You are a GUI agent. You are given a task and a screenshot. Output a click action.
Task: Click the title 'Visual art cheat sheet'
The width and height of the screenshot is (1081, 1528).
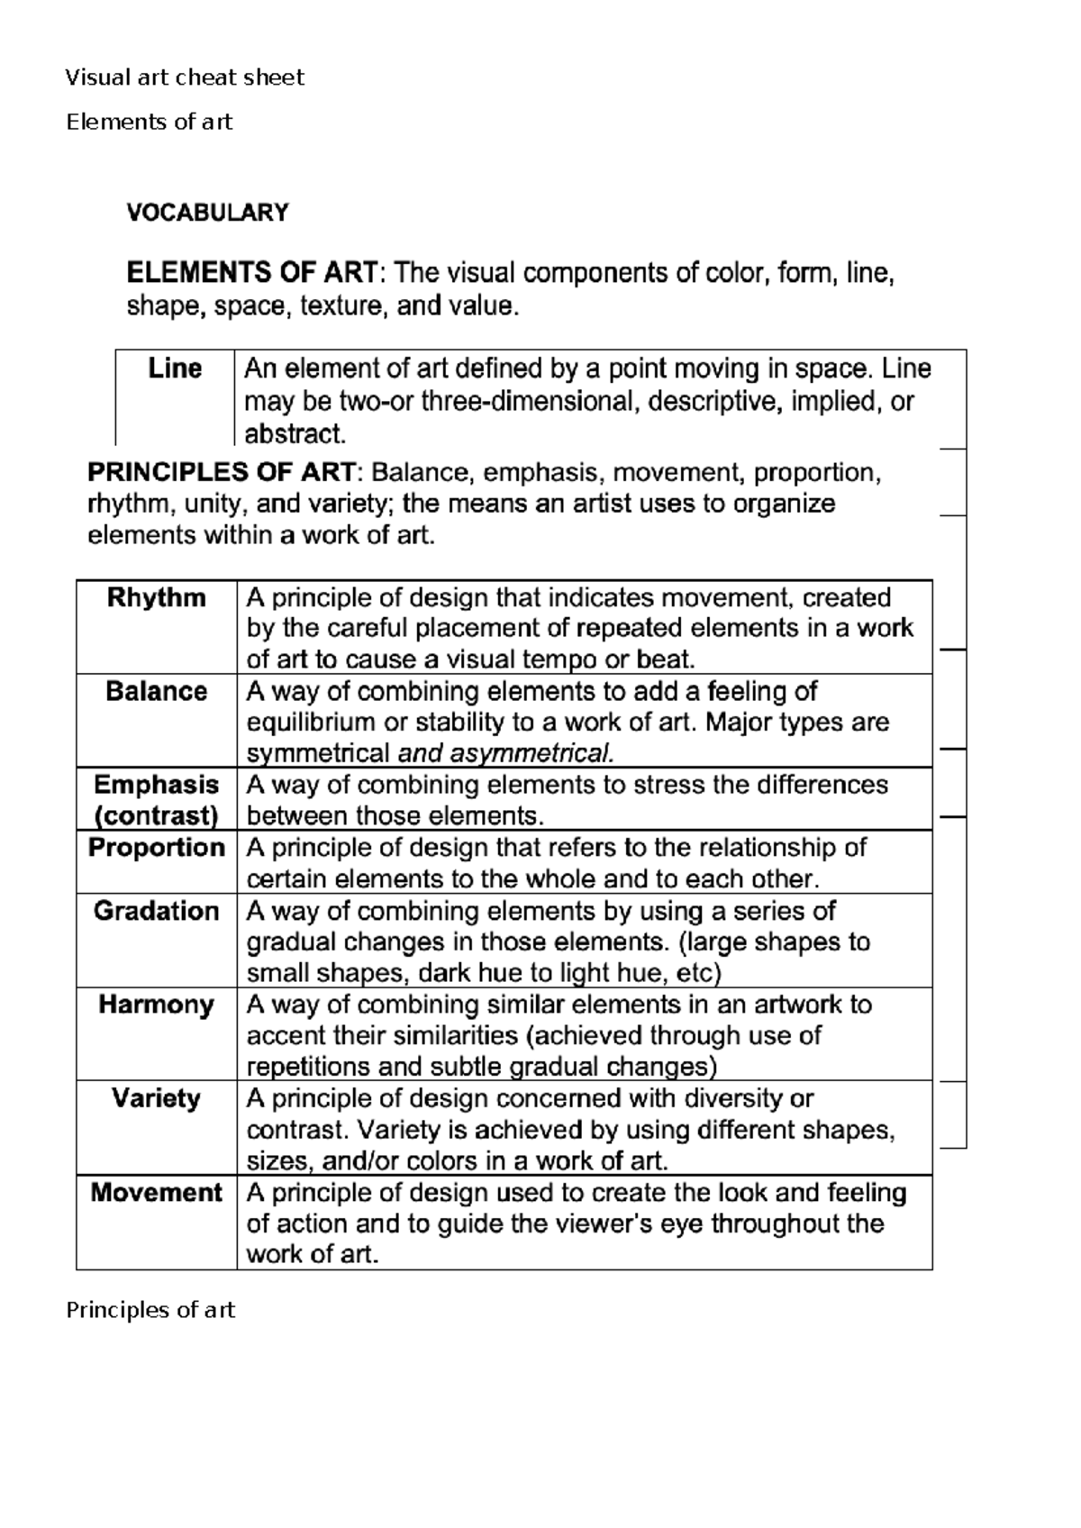pos(185,77)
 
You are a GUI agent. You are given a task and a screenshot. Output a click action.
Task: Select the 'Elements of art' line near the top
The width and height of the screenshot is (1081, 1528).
pos(150,122)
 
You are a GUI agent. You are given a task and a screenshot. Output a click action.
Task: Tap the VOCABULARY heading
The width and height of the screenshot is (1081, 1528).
pos(207,213)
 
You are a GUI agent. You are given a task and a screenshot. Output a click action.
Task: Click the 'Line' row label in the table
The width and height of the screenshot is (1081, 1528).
pos(175,368)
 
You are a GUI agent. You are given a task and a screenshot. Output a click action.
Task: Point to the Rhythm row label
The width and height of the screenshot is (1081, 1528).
pos(156,597)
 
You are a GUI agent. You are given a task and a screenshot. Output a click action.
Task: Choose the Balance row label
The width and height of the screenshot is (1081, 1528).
pos(156,691)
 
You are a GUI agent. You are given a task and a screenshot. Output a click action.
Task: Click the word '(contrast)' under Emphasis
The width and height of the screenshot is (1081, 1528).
pos(156,816)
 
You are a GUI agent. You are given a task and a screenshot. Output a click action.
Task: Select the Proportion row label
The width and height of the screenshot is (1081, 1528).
pos(156,848)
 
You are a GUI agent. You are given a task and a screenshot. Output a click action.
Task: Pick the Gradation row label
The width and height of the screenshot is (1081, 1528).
pos(156,911)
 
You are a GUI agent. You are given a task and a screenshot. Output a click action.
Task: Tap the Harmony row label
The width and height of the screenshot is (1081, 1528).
pos(156,1005)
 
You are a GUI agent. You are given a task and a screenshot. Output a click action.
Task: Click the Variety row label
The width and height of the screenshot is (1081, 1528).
pos(156,1098)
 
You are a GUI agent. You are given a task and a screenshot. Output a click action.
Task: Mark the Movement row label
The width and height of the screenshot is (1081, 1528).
pos(156,1193)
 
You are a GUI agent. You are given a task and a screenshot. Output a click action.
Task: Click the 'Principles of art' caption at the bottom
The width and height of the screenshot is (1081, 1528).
pos(150,1310)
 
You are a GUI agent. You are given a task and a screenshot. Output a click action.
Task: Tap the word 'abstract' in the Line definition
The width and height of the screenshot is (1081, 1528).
pos(293,435)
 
